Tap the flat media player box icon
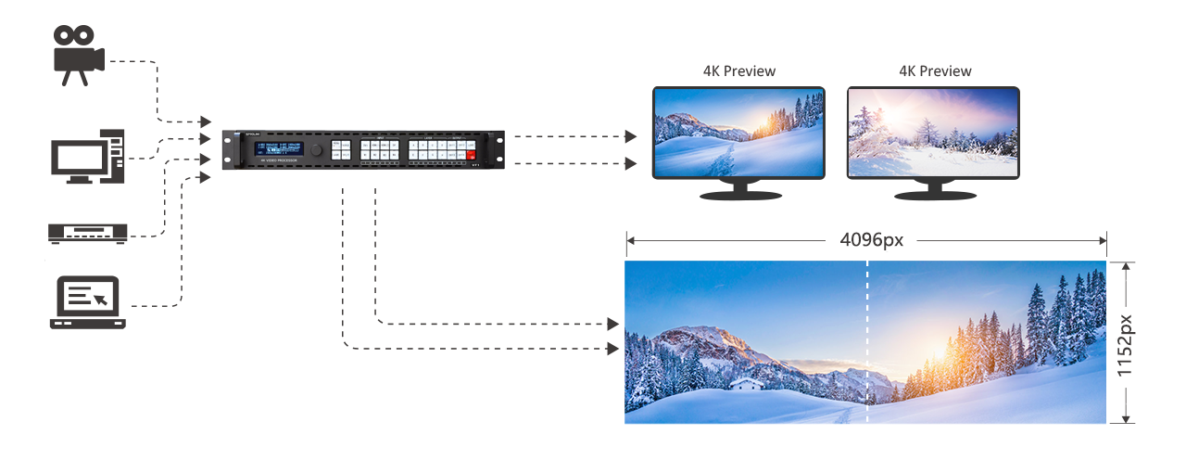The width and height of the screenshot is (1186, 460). click(x=86, y=232)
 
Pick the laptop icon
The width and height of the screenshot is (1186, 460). click(x=87, y=302)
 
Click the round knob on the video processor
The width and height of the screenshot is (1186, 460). click(x=317, y=149)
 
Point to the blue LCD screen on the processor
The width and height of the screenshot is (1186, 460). click(x=280, y=148)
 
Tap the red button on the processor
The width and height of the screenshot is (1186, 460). click(x=470, y=155)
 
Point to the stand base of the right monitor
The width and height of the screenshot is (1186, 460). click(x=934, y=196)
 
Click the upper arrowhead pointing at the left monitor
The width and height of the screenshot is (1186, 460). click(x=631, y=136)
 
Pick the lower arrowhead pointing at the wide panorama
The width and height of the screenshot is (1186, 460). click(x=612, y=349)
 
